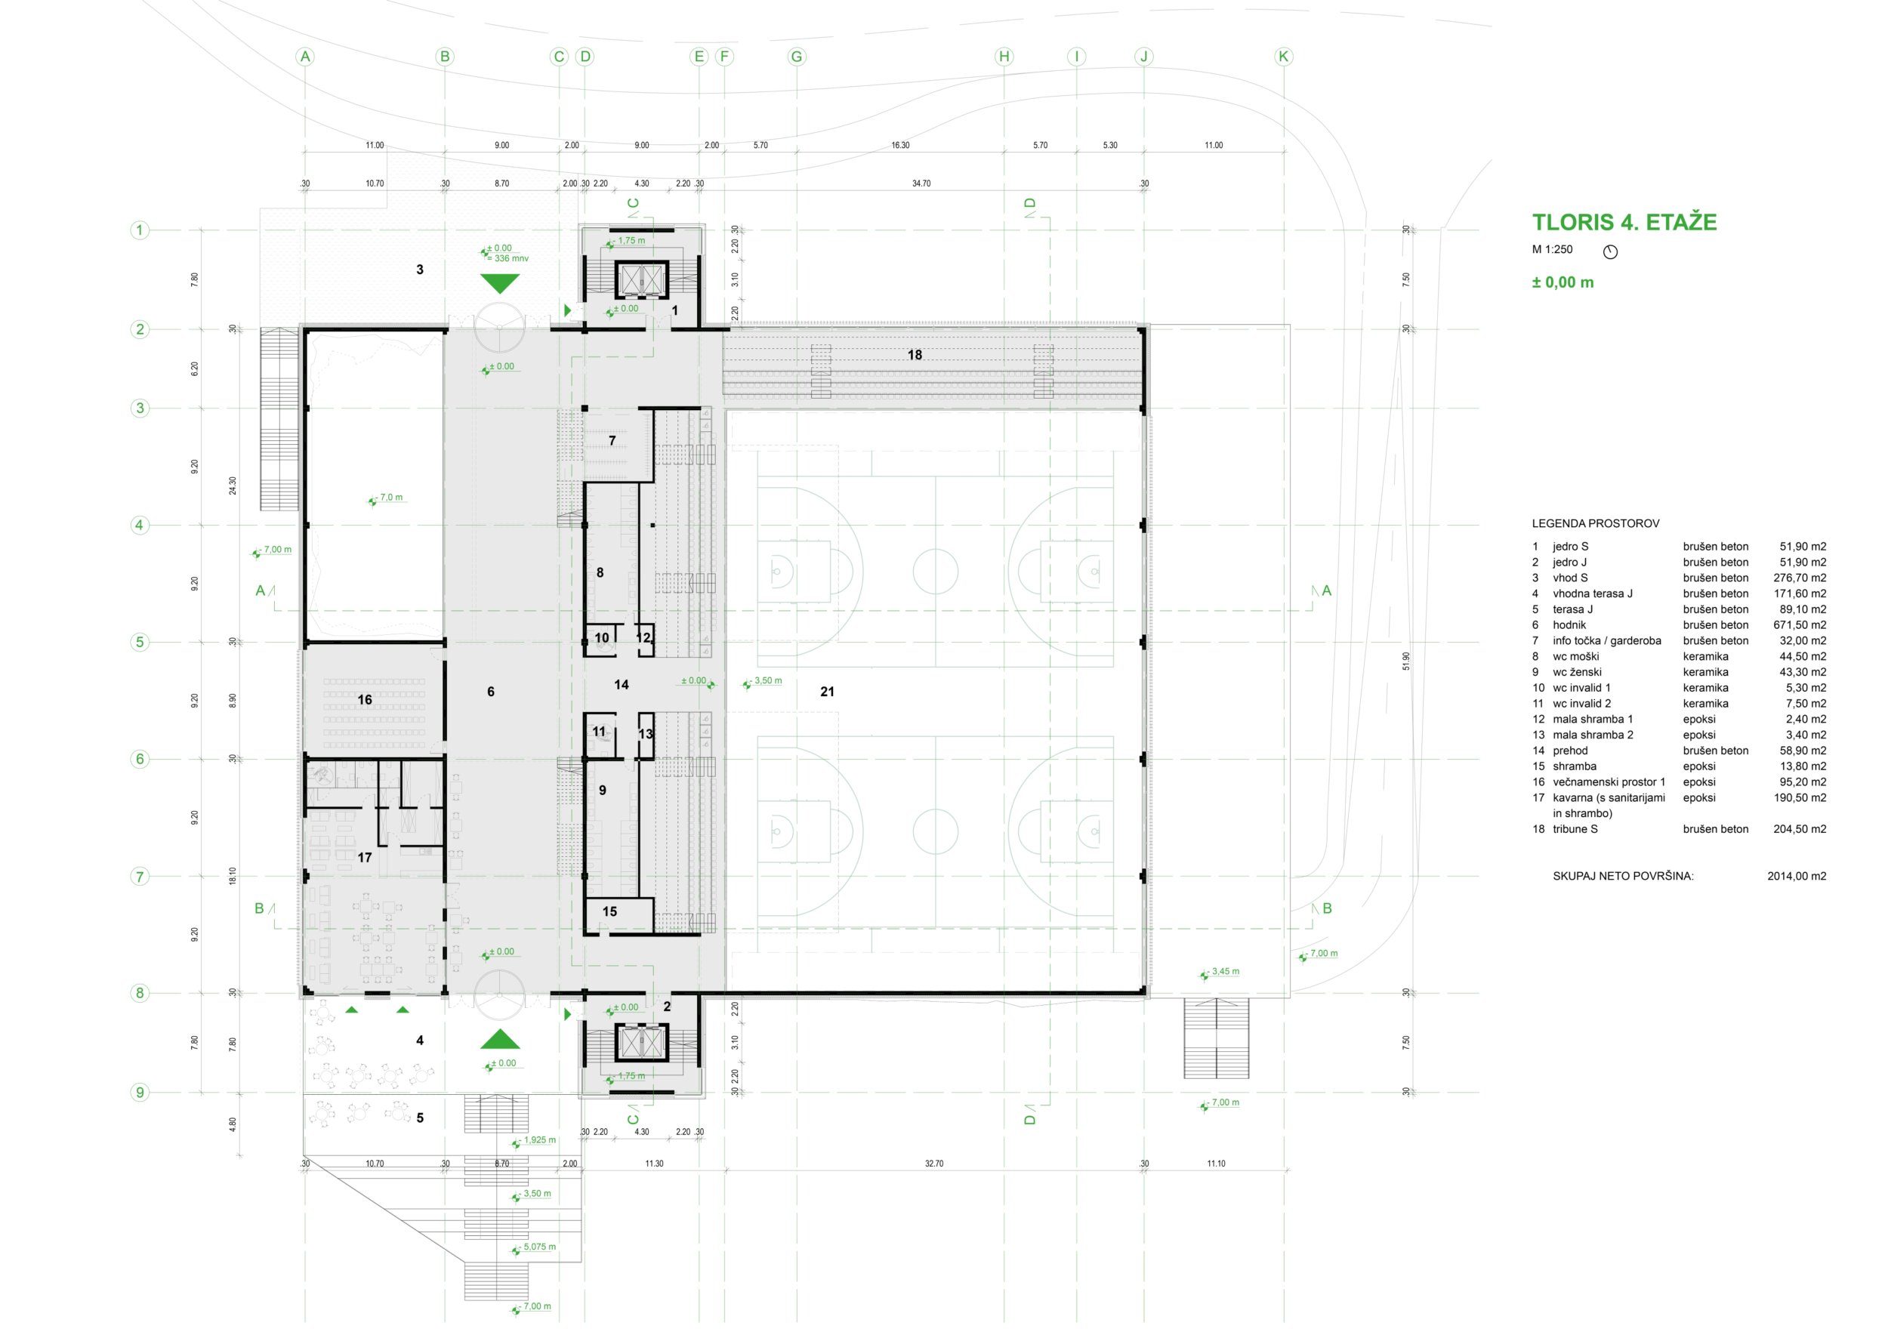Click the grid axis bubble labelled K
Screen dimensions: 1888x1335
click(x=1284, y=57)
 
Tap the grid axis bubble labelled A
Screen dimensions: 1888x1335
click(x=305, y=57)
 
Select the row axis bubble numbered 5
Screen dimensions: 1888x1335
click(x=140, y=642)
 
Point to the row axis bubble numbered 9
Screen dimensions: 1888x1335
click(x=140, y=1093)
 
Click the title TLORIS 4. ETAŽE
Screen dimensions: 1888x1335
click(x=1624, y=222)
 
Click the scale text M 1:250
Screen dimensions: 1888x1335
click(x=1552, y=249)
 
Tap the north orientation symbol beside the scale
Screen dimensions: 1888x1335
click(x=1610, y=251)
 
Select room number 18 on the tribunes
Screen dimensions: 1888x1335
click(x=915, y=355)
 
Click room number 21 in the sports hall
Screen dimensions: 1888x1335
click(x=827, y=692)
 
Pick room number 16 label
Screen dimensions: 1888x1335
click(x=364, y=699)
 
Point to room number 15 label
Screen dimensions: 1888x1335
click(x=609, y=911)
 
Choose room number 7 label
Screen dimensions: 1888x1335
click(x=612, y=442)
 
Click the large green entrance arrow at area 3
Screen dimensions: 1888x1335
click(x=500, y=284)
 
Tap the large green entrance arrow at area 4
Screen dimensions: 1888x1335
click(x=500, y=1039)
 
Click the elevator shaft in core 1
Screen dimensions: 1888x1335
click(x=640, y=280)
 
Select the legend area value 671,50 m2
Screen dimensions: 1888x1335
click(x=1799, y=624)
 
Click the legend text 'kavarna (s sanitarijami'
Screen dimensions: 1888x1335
click(x=1609, y=797)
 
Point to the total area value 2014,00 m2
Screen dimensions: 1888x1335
click(x=1797, y=877)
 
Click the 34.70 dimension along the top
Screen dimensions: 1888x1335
click(x=921, y=183)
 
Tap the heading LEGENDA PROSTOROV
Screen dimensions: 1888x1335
click(x=1595, y=523)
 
